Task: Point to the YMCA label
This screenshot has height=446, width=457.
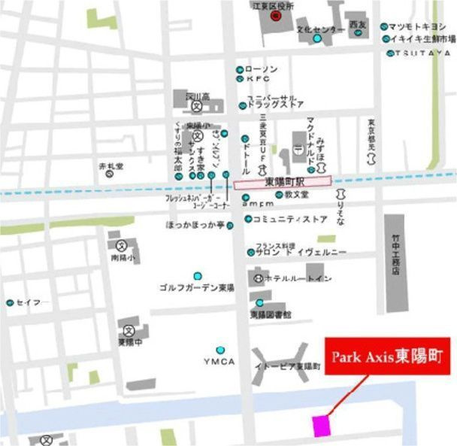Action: pyautogui.click(x=218, y=362)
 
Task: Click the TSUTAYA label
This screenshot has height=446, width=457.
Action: pyautogui.click(x=424, y=53)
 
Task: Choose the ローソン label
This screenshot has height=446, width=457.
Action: pyautogui.click(x=262, y=69)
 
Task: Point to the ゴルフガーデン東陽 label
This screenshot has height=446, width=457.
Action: pyautogui.click(x=197, y=287)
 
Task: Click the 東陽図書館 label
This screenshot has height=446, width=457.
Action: pyautogui.click(x=271, y=314)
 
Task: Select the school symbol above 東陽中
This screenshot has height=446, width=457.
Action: pyautogui.click(x=129, y=329)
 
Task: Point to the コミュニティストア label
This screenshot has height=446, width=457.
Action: pyautogui.click(x=290, y=220)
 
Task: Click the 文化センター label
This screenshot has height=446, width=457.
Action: pyautogui.click(x=320, y=30)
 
